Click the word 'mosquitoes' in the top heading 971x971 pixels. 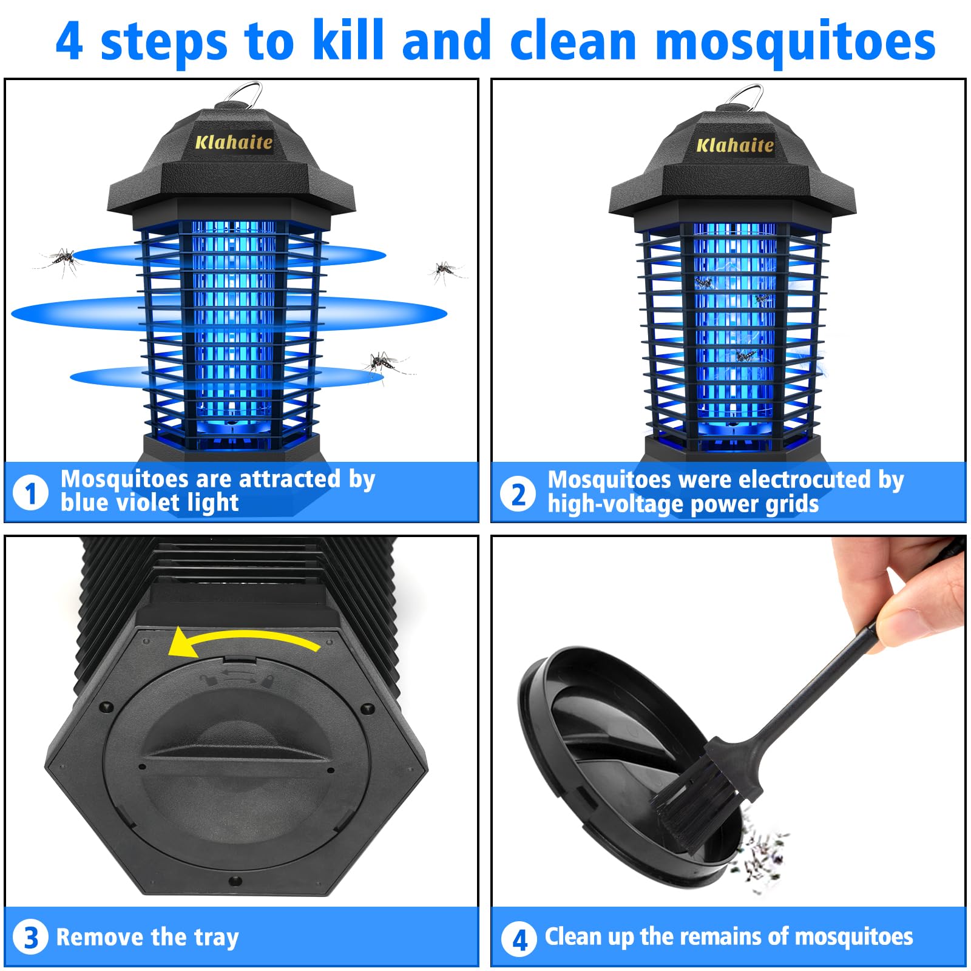(795, 41)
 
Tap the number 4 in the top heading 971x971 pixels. (69, 41)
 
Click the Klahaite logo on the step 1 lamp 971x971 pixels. (234, 143)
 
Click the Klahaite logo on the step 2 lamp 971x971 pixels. (734, 145)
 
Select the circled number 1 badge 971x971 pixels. (30, 493)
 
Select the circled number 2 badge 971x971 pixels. (518, 494)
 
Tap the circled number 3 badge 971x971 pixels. (30, 938)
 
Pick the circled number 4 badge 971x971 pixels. (519, 939)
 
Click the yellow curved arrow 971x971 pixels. (243, 640)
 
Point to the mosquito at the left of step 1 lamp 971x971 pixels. (61, 260)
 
